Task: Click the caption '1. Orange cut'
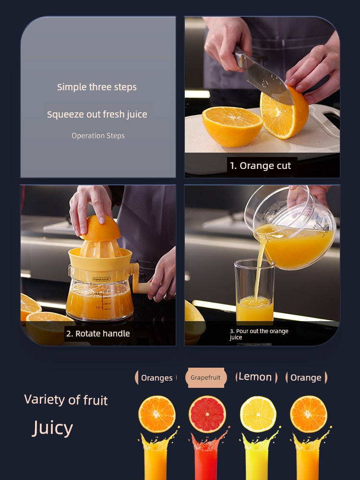pyautogui.click(x=260, y=166)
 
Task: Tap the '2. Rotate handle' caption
pyautogui.click(x=98, y=334)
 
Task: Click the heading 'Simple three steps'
pyautogui.click(x=97, y=87)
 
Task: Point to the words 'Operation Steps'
pyautogui.click(x=98, y=136)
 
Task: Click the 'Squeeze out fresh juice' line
pyautogui.click(x=97, y=115)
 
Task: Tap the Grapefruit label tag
pyautogui.click(x=206, y=377)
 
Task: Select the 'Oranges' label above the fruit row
pyautogui.click(x=156, y=378)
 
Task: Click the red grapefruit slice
pyautogui.click(x=207, y=414)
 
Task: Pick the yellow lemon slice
pyautogui.click(x=258, y=414)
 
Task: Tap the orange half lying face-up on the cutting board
pyautogui.click(x=232, y=126)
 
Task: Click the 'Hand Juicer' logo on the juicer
pyautogui.click(x=101, y=279)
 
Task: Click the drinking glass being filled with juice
pyautogui.click(x=254, y=290)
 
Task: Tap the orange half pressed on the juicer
pyautogui.click(x=100, y=228)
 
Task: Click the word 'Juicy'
pyautogui.click(x=53, y=428)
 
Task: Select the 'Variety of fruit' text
pyautogui.click(x=66, y=400)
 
